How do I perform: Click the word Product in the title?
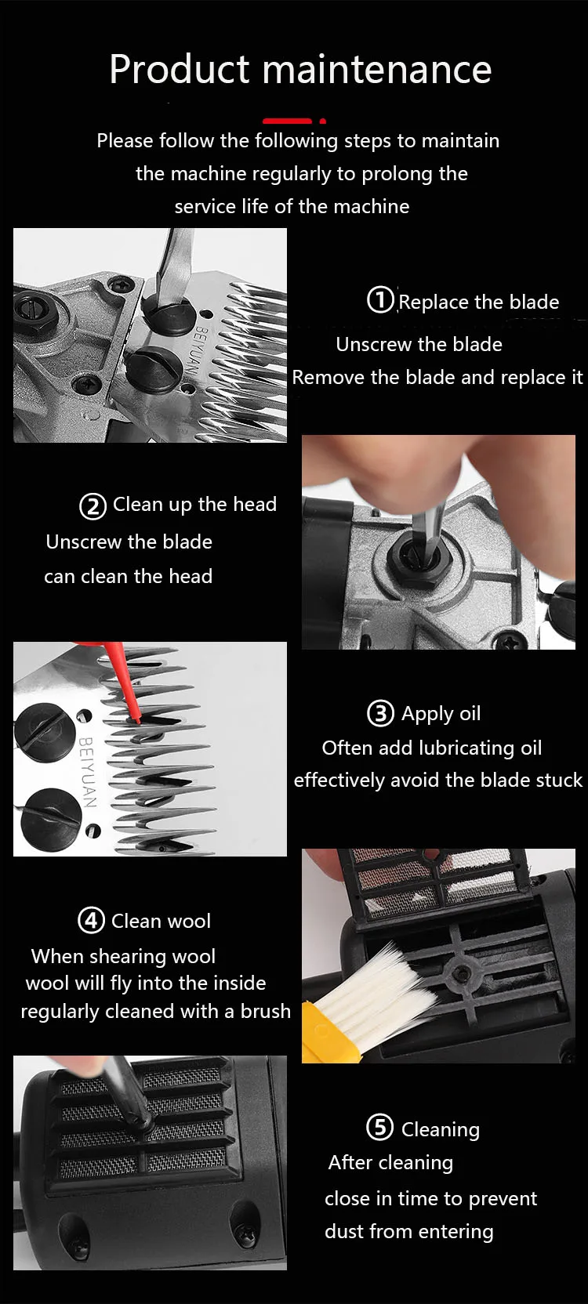click(180, 69)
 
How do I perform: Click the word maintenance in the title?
click(377, 69)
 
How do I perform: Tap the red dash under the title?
click(287, 121)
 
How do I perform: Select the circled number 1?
click(381, 300)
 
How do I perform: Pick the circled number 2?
click(93, 506)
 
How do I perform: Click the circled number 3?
click(380, 713)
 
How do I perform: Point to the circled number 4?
click(92, 920)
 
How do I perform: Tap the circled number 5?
click(379, 1128)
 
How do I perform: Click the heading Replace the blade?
click(478, 302)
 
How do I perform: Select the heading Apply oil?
click(441, 714)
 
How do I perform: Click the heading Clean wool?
click(161, 921)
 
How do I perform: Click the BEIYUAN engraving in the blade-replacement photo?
click(198, 352)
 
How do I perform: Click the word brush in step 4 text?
click(266, 1011)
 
